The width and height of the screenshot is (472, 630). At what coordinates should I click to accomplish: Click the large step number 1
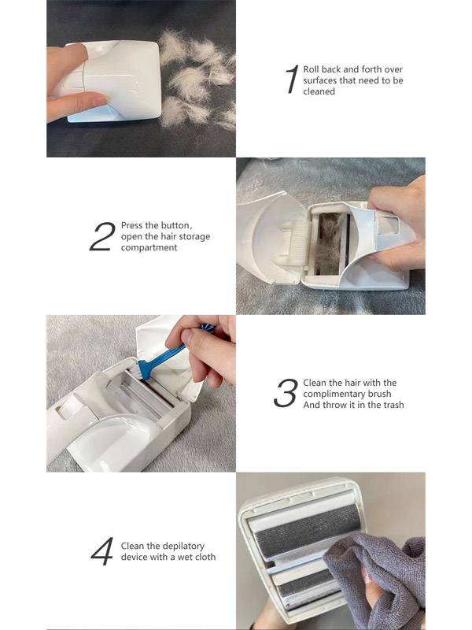click(x=293, y=80)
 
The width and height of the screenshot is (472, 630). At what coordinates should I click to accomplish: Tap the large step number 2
click(x=102, y=237)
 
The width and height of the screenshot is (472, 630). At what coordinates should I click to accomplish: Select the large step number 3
click(x=286, y=393)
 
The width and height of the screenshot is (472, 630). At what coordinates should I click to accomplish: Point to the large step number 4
click(x=102, y=551)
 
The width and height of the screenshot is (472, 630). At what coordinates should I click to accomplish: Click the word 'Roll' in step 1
click(x=311, y=69)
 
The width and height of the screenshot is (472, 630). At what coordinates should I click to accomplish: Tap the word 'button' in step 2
click(x=175, y=225)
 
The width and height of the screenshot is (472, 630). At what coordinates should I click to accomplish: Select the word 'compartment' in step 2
click(x=149, y=247)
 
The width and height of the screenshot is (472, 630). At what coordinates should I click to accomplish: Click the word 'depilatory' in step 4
click(x=183, y=546)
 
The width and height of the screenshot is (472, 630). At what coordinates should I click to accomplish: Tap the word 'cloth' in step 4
click(x=205, y=557)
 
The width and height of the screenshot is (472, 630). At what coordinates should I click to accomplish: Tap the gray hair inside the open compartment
click(x=330, y=244)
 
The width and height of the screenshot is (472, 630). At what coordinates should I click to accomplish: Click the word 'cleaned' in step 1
click(x=319, y=91)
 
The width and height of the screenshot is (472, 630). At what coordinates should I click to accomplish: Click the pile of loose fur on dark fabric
click(x=197, y=80)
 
